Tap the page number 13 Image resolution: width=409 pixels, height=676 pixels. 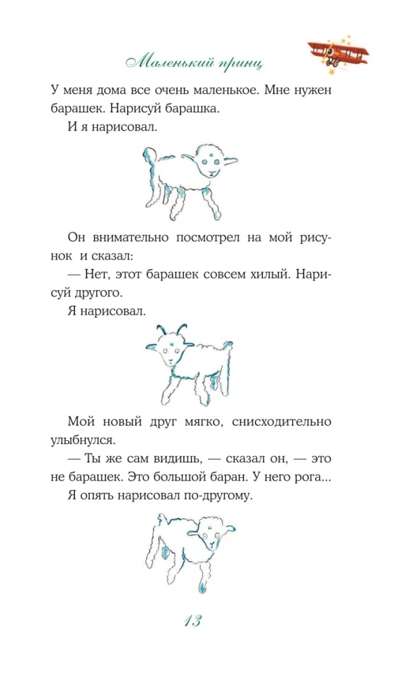(193, 621)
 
